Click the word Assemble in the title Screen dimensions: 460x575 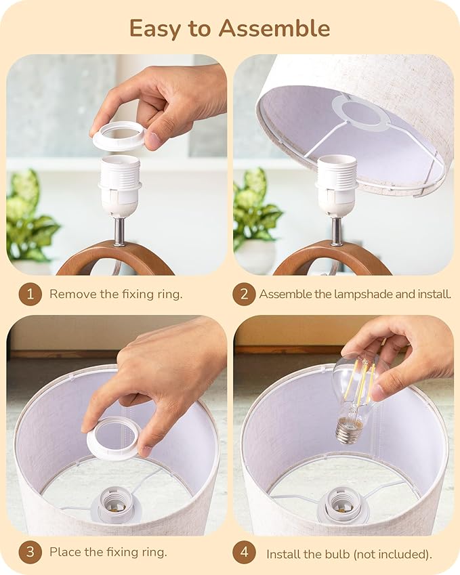[274, 28]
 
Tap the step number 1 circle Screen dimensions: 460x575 [30, 294]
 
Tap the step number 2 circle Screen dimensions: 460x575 [244, 294]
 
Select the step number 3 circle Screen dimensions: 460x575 [30, 552]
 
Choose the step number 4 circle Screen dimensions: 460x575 [244, 552]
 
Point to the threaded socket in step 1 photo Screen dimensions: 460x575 [120, 185]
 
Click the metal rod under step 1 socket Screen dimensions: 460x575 [120, 231]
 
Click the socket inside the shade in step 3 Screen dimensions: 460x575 [114, 503]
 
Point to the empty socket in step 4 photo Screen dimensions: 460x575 [341, 503]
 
